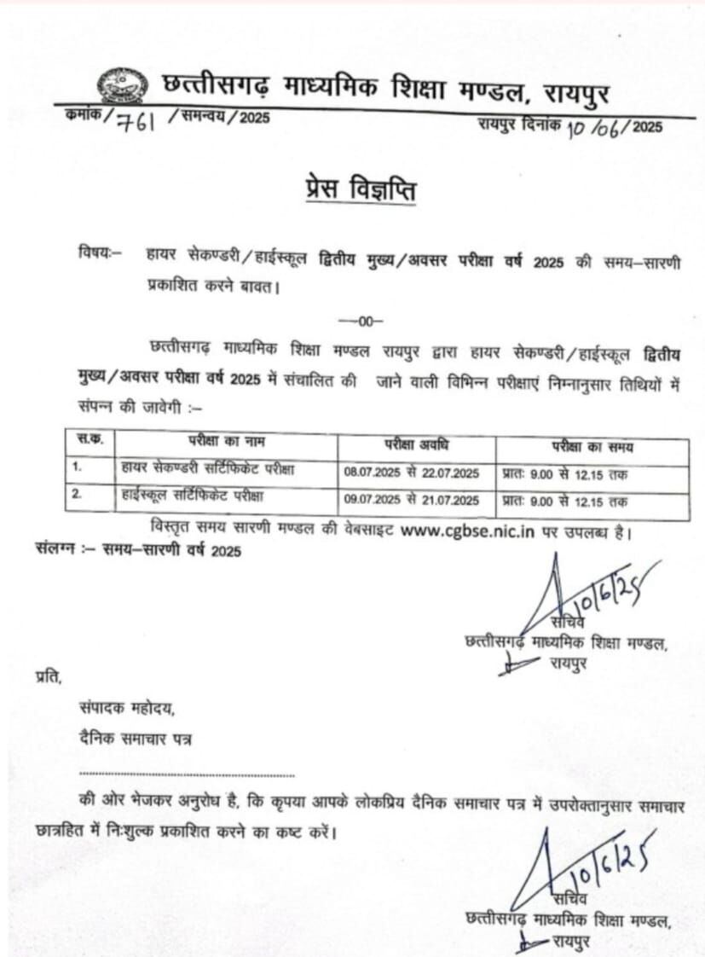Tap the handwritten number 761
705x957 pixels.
pyautogui.click(x=137, y=122)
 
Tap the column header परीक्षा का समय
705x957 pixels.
pyautogui.click(x=592, y=446)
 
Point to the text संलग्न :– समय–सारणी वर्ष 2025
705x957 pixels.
pyautogui.click(x=139, y=551)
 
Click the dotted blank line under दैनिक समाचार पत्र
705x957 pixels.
pyautogui.click(x=187, y=775)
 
